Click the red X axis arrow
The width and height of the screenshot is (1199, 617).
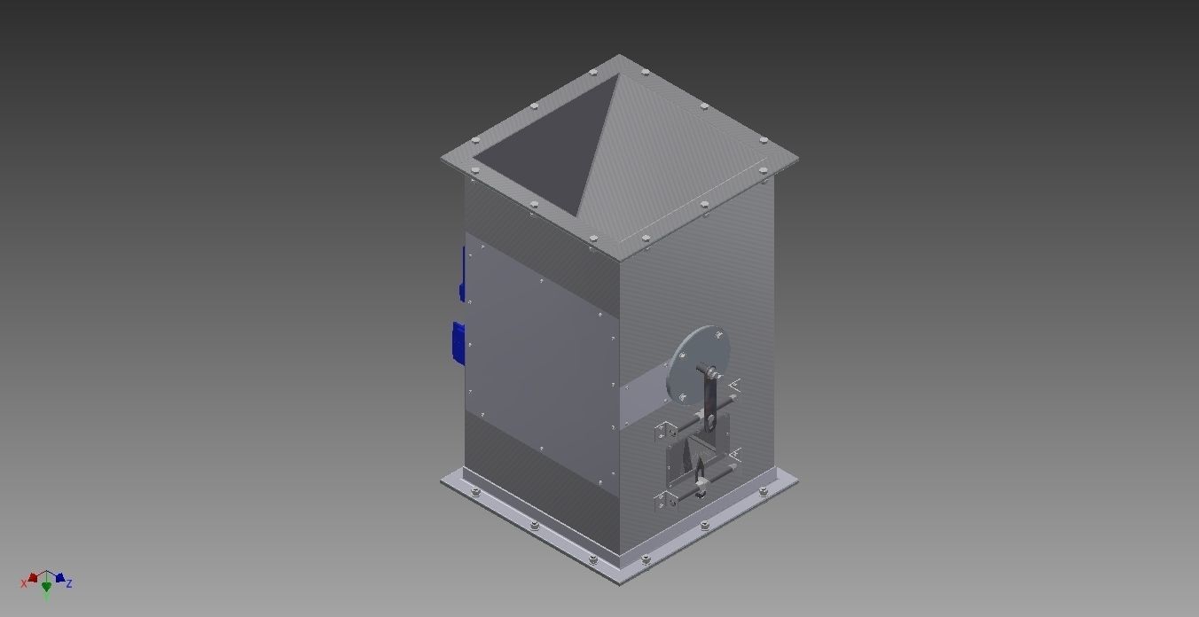point(33,578)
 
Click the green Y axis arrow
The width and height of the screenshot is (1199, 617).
point(46,587)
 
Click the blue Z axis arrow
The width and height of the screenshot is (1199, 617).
point(59,578)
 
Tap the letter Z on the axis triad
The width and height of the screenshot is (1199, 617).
point(69,583)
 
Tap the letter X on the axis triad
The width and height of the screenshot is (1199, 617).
point(24,583)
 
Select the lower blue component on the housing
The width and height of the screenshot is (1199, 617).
point(458,342)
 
